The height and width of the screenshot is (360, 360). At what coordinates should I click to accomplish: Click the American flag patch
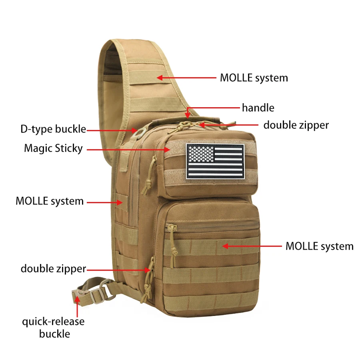pos(215,162)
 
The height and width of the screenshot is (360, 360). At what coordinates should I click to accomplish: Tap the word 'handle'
pos(258,108)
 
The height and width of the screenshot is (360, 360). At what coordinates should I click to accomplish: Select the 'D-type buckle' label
pos(53,129)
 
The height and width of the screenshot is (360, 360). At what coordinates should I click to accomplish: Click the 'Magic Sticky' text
pos(53,148)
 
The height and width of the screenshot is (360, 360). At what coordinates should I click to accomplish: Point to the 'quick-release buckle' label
pos(53,327)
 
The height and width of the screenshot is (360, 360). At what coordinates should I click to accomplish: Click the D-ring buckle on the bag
pos(140,133)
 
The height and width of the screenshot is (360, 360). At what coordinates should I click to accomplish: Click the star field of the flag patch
pos(201,154)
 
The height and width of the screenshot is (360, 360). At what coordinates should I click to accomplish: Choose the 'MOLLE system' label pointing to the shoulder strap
pos(254,78)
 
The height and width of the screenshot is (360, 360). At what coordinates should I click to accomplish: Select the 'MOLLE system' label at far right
pos(320,246)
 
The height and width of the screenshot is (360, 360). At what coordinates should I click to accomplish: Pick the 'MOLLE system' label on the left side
pos(50,201)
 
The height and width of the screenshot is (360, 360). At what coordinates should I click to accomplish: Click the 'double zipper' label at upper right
pos(296,125)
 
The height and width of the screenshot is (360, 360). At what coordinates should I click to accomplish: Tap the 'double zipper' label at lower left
pos(53,269)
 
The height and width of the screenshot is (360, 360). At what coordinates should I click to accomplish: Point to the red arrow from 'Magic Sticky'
pos(128,150)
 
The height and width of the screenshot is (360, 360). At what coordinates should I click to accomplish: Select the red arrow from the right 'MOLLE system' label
pos(252,246)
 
